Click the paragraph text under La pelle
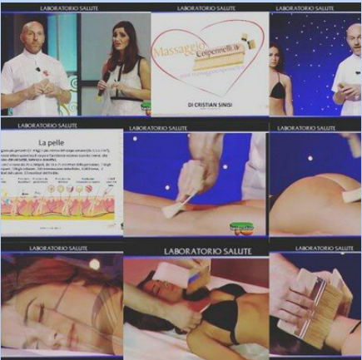pos(58,165)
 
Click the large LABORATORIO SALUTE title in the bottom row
pos(196,249)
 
